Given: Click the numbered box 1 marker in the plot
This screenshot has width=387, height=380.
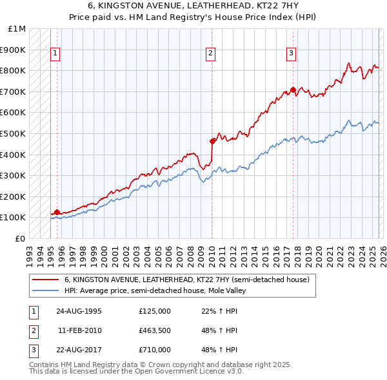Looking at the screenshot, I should coord(56,53).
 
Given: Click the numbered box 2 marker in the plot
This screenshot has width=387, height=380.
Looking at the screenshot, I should coord(211,53).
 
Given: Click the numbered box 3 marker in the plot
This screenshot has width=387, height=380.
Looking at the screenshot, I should coord(292,53).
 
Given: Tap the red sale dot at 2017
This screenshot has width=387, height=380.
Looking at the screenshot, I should coord(293,90).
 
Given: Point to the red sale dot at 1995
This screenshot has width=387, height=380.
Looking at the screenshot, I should coord(57,212).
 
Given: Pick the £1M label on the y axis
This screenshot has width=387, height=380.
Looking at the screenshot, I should coord(17,29).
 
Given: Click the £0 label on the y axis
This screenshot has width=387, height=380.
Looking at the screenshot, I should coord(21,238).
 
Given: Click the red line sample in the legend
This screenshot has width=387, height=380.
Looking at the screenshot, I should coord(46,280).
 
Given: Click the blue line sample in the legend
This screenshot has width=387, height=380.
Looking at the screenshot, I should coord(46,290).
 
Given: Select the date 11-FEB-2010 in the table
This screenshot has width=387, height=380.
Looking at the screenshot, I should coord(79,330).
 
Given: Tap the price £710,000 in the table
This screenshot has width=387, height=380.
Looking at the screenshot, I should coord(155,350).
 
